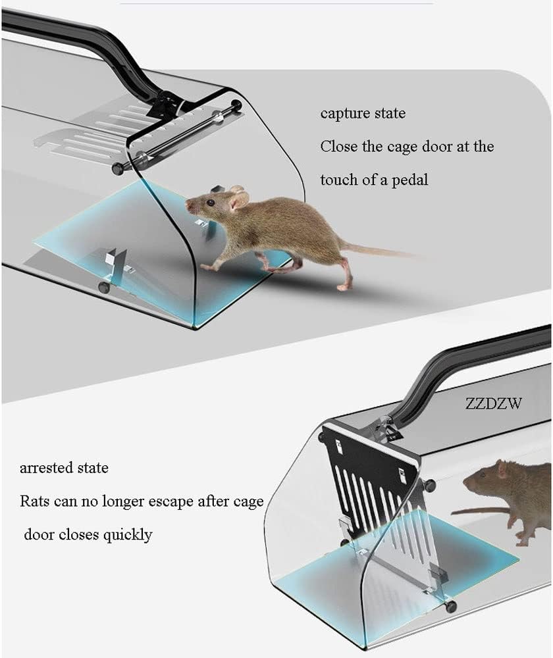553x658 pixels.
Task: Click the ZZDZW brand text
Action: [x=493, y=403]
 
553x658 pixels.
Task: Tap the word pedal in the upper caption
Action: [x=410, y=180]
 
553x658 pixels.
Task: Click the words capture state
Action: [x=363, y=113]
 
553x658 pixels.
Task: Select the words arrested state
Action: [x=64, y=467]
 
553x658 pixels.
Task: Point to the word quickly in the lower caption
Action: [x=128, y=535]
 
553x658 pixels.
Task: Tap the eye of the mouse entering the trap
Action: [x=210, y=203]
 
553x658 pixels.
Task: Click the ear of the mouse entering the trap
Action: [x=238, y=198]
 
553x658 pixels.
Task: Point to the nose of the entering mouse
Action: [x=188, y=205]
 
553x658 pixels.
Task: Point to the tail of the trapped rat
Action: [x=479, y=511]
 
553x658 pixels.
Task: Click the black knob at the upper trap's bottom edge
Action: [x=104, y=288]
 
